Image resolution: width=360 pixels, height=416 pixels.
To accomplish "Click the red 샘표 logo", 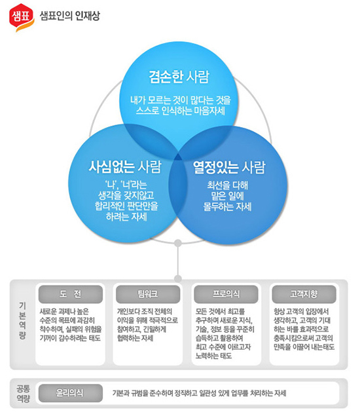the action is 22,17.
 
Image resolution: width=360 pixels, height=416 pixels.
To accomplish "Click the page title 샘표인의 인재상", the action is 70,16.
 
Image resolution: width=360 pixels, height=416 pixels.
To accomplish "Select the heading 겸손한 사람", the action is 179,77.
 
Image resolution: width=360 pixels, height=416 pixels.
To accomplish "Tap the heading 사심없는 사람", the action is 125,167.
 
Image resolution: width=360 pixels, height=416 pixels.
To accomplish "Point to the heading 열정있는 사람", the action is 229,168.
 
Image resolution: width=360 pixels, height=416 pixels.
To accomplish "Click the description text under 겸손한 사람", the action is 181,105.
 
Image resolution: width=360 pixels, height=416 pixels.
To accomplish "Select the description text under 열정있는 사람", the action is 227,196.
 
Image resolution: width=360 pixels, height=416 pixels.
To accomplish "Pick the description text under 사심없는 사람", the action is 126,201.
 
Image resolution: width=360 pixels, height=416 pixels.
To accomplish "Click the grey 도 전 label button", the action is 71,294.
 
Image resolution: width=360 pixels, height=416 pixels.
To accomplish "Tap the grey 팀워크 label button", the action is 148,294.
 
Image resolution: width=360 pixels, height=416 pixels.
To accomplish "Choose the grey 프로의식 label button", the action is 226,294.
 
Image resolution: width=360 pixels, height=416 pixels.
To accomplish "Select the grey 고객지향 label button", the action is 304,294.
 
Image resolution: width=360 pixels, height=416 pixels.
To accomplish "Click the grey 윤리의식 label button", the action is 71,393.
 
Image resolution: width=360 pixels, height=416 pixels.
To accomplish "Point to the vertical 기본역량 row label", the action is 22,321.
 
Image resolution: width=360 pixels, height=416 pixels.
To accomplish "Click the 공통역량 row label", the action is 24,393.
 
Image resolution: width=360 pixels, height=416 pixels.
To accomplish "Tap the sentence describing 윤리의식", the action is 200,393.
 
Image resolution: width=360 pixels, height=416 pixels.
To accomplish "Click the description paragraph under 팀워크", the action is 147,325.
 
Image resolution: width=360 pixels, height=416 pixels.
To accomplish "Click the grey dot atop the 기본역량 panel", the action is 178,278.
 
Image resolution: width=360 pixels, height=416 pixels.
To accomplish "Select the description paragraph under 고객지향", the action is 304,330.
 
